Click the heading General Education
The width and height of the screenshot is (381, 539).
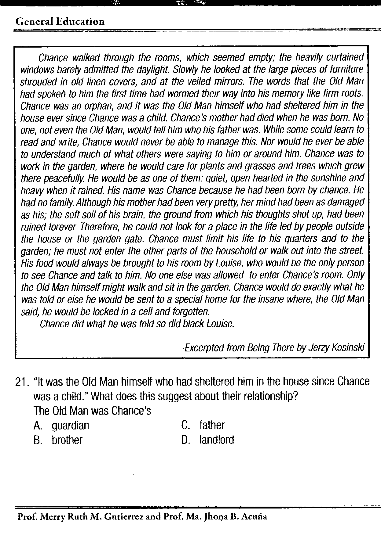coord(60,21)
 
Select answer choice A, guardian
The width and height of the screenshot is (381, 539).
coord(70,425)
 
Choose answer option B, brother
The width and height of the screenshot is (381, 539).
coord(67,440)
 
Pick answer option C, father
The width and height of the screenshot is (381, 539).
coord(212,425)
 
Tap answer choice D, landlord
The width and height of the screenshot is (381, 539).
coord(216,440)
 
